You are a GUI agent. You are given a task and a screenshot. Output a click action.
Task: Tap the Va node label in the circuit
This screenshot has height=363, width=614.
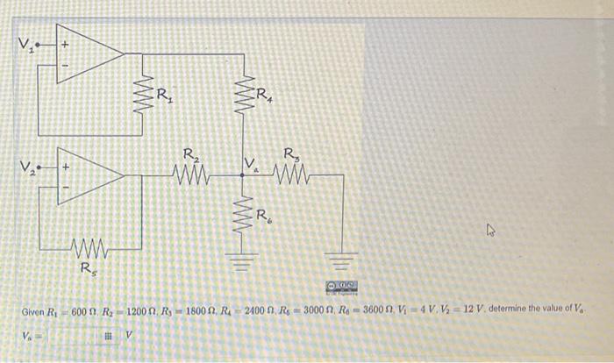[252, 162]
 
